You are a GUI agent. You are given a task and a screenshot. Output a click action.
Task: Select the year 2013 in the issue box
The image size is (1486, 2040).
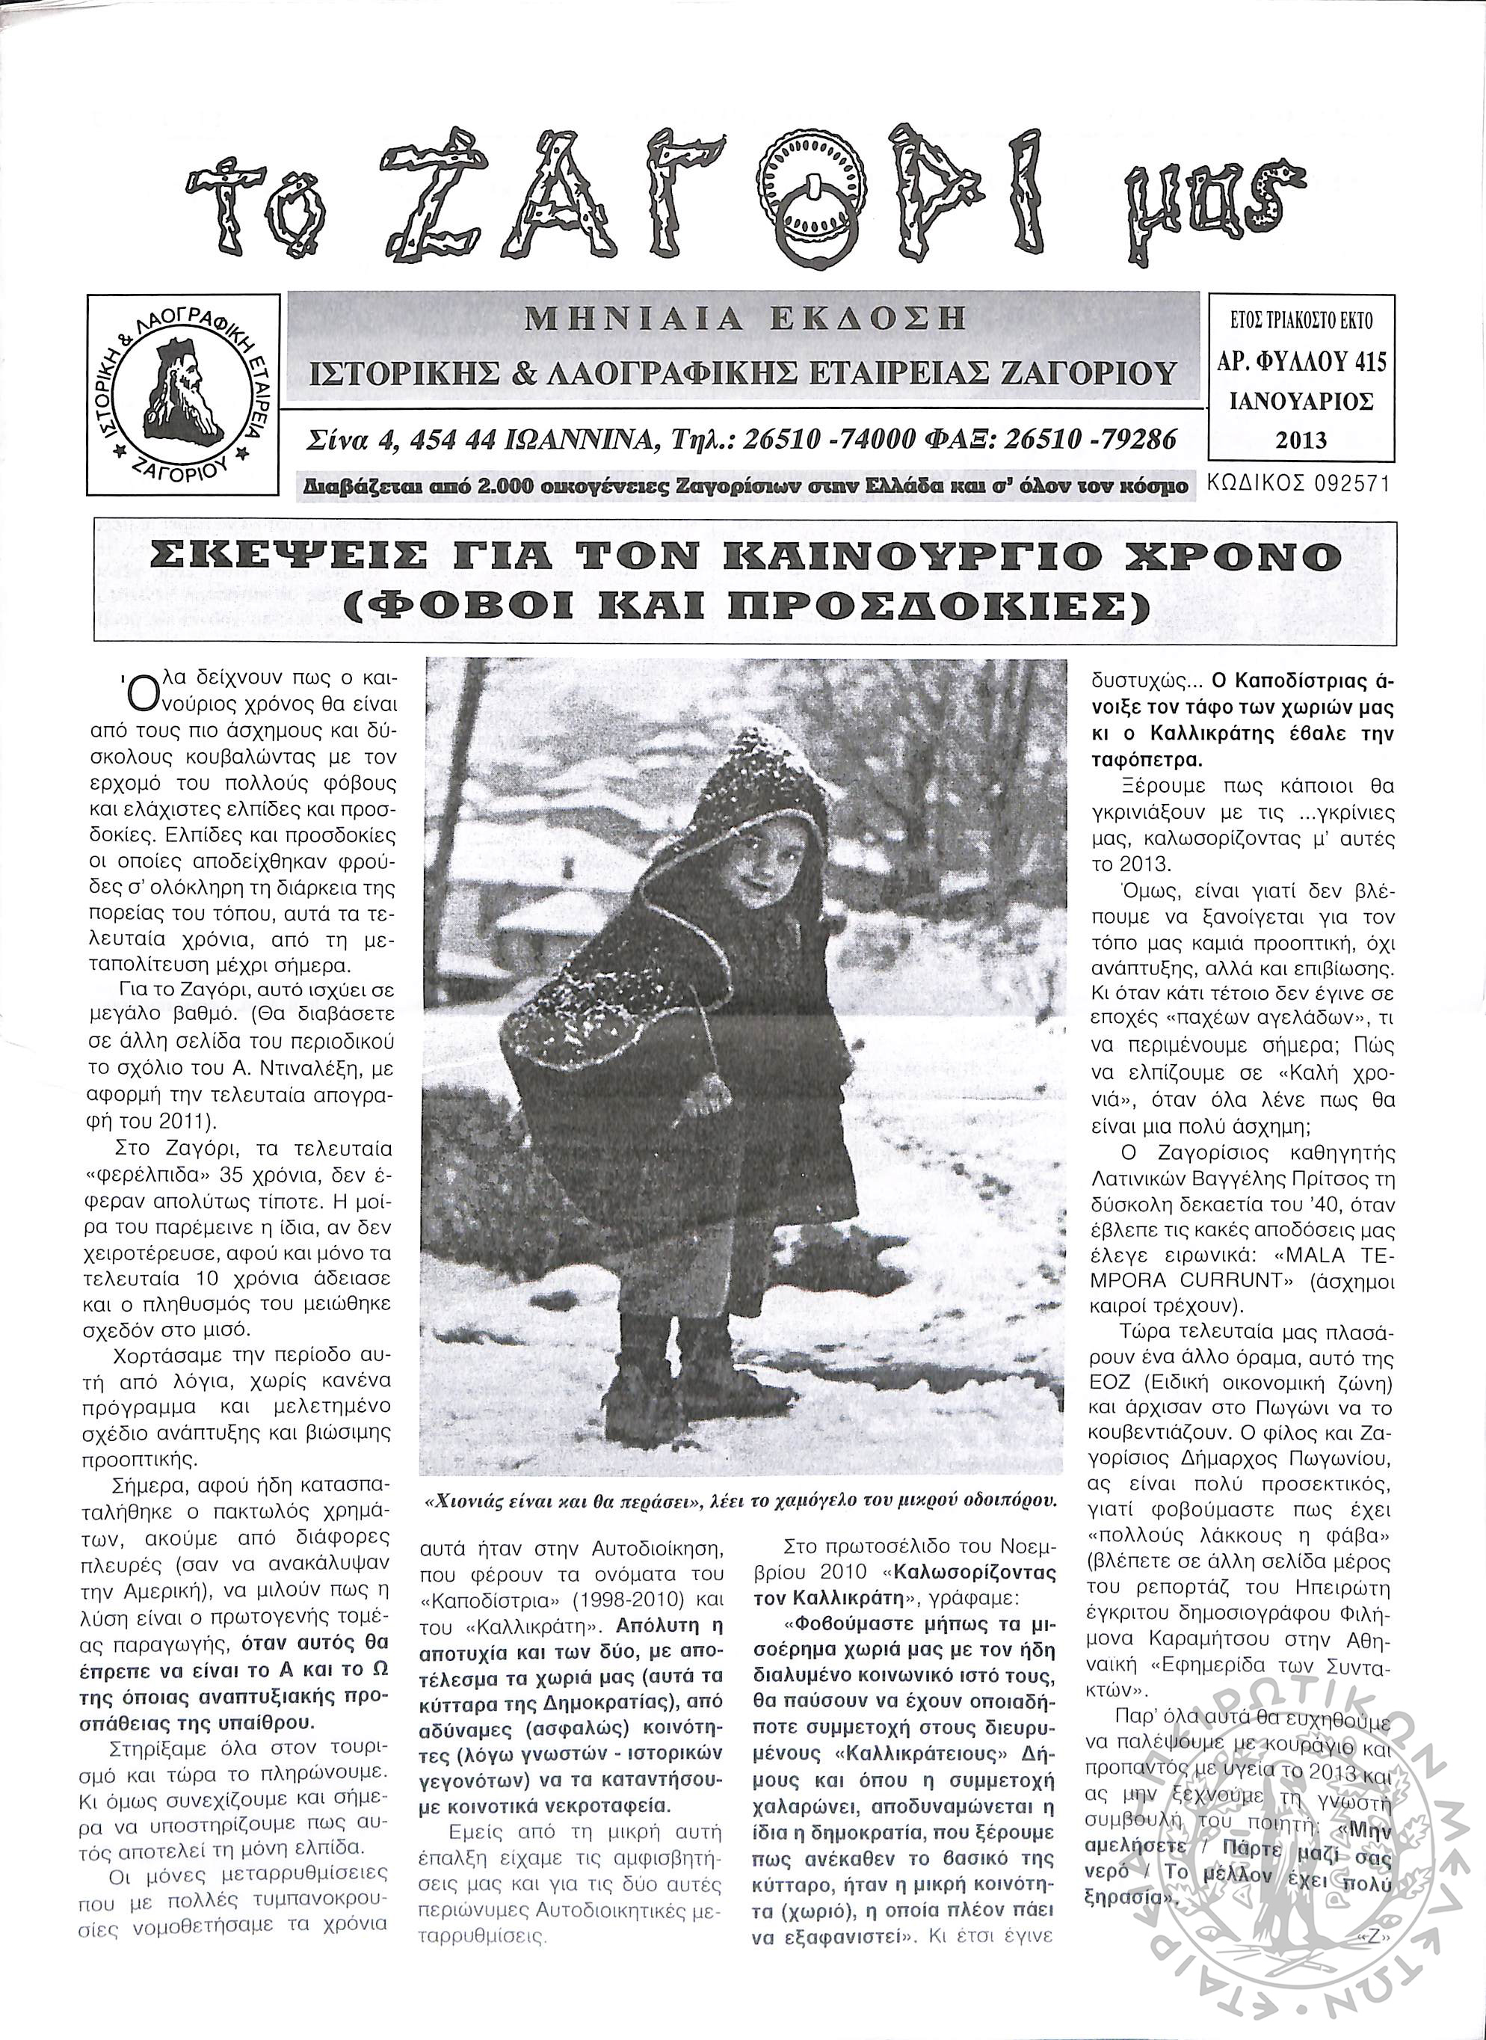(1301, 440)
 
